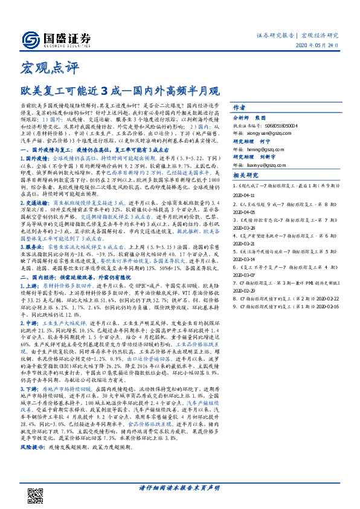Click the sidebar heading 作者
point(239,105)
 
